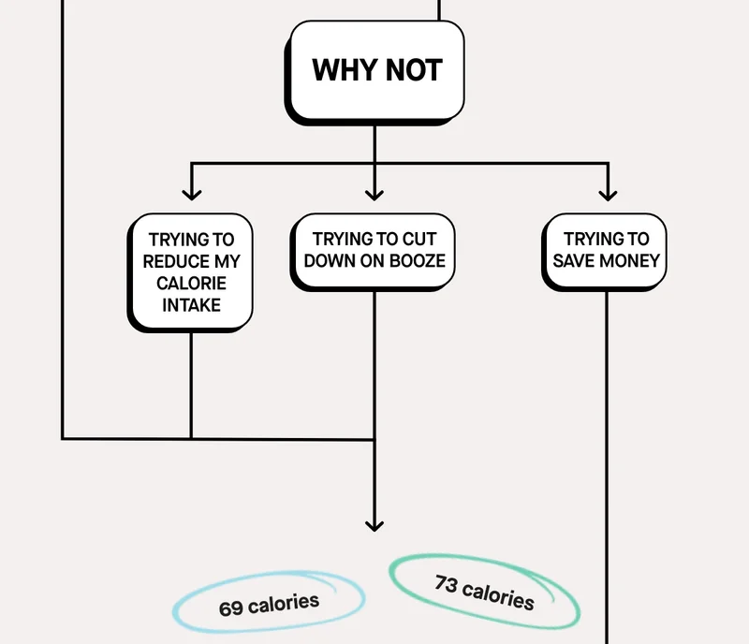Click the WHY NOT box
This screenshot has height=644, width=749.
tap(375, 72)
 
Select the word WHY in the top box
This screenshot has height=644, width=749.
tap(345, 70)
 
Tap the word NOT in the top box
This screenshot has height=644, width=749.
tap(414, 70)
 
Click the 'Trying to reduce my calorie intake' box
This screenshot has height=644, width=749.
tap(190, 272)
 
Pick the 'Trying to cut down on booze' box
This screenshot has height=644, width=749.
tap(373, 252)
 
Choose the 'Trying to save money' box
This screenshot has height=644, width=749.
tap(604, 251)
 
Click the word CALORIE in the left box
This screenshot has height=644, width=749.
tap(191, 284)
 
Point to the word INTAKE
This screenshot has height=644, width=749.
tap(191, 305)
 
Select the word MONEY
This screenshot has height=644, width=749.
tap(629, 261)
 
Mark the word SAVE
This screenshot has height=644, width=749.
tap(574, 261)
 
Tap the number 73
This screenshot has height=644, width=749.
tap(447, 584)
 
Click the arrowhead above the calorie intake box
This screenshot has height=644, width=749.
tap(192, 195)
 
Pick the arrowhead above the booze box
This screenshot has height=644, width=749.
tap(374, 195)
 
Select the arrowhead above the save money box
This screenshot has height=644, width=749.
tap(608, 195)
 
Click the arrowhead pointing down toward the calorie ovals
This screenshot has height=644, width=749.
tap(374, 526)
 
